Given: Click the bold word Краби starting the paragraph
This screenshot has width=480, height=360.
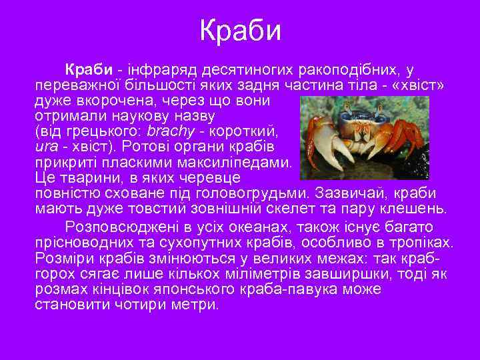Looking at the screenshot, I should click(x=87, y=70).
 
